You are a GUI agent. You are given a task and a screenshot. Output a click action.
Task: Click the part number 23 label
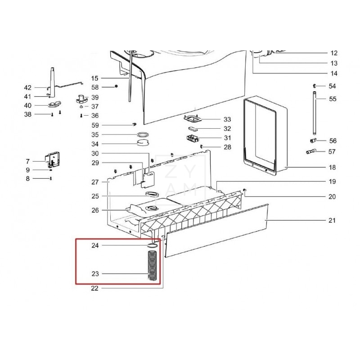95,274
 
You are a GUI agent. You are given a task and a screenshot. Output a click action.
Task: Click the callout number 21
332,220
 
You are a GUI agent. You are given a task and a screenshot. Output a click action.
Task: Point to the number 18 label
332,167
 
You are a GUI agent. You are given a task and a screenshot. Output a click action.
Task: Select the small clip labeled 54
313,85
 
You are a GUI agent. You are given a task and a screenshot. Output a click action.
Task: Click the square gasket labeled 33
193,120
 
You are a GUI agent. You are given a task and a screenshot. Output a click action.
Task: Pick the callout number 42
27,87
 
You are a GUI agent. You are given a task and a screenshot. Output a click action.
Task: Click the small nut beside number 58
116,86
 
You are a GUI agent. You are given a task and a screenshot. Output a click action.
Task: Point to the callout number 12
333,53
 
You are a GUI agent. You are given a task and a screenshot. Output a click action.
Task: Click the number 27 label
95,182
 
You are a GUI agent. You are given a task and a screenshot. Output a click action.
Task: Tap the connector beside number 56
314,140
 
